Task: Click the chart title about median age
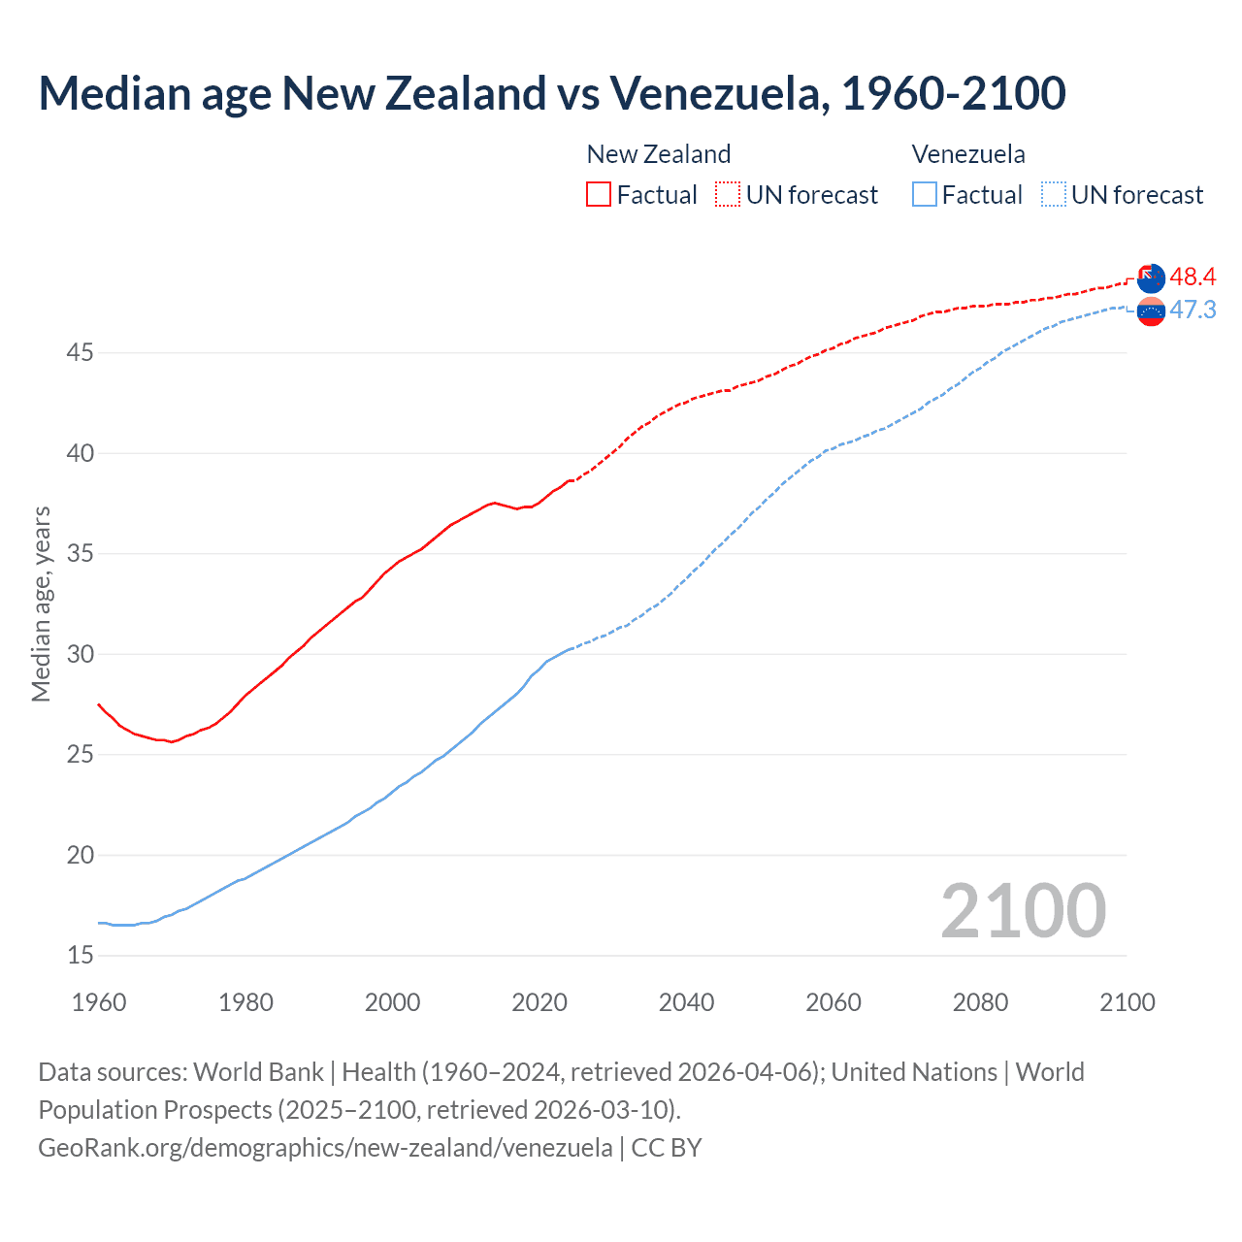click(551, 94)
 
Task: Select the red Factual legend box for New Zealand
click(598, 194)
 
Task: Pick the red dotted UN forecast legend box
click(727, 194)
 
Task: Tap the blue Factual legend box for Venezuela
click(924, 194)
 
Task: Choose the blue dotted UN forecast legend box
click(1053, 194)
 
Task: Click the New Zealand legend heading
click(658, 154)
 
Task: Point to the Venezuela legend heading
click(967, 154)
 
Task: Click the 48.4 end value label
click(1193, 277)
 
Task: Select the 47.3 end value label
click(1193, 310)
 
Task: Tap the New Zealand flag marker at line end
click(1150, 278)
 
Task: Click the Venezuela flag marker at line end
click(1151, 311)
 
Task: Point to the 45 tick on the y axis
click(80, 352)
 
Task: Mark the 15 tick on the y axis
click(80, 956)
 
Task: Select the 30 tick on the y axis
click(80, 654)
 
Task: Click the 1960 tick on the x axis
click(99, 1002)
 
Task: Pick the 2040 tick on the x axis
click(686, 1002)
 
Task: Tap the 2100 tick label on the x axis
click(1127, 1002)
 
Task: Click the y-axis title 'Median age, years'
click(41, 604)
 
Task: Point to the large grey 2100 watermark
click(1023, 911)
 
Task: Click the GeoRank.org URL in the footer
click(325, 1148)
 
